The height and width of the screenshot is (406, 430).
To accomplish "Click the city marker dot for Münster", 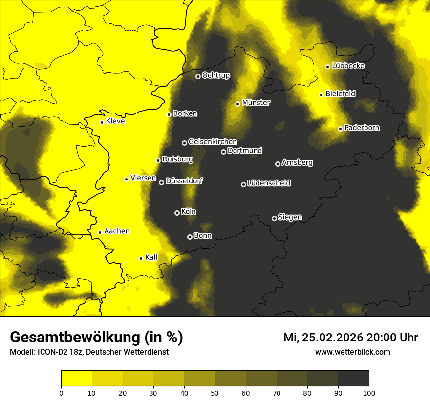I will pos(238,104).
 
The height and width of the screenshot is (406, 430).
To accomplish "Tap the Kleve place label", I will pos(115,121).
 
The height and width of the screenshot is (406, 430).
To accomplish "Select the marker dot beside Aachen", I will pos(100,232).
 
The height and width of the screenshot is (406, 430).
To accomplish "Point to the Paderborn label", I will pos(362,128).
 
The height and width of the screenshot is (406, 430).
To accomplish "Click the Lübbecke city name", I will pos(348,66).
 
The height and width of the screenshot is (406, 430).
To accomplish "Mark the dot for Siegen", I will pos(274,218).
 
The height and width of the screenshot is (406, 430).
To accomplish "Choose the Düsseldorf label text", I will pos(184,181).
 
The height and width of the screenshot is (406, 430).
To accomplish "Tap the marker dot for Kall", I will pos(141,258).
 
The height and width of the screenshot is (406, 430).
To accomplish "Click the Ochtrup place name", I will pos(215,75).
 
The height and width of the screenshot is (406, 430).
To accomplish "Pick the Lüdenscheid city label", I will pos(269,183).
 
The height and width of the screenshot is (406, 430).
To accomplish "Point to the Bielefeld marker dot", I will pos(322,95).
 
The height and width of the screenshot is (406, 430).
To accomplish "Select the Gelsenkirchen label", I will pos(213,142).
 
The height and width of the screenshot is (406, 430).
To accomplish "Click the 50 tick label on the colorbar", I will pos(215,393).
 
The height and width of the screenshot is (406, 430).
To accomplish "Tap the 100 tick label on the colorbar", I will pos(369,393).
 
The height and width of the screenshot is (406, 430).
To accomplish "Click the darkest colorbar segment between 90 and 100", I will pos(353,378).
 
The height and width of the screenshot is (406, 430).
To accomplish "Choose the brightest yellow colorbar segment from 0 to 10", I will pos(76,378).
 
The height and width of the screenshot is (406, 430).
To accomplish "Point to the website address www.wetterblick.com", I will pos(352,352).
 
